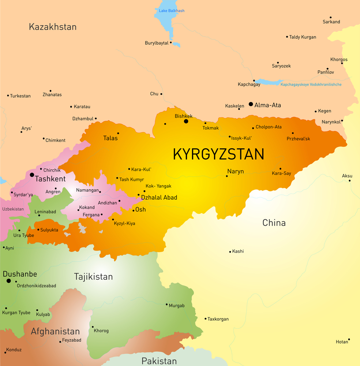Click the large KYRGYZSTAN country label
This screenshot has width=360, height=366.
[218, 154]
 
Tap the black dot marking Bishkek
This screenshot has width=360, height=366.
[186, 121]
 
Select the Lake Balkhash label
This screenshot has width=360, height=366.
[172, 11]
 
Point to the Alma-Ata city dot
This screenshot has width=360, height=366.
[251, 104]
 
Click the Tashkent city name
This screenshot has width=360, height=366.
[50, 179]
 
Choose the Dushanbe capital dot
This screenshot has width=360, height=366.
[8, 281]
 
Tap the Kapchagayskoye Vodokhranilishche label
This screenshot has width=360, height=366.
[311, 85]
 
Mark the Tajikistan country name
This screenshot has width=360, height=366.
[93, 276]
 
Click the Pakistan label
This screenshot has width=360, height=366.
[159, 361]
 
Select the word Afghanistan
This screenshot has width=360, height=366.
[55, 331]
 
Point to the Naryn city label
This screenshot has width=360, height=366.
[235, 171]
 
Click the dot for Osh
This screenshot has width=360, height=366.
[134, 210]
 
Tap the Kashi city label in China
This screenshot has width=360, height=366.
[238, 251]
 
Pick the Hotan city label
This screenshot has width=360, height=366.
[342, 342]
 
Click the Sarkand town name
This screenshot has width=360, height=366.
[331, 22]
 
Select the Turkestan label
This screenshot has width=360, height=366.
[20, 96]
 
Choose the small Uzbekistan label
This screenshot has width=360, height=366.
[13, 209]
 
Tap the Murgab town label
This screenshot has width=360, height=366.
[176, 306]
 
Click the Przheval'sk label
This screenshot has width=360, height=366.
[299, 139]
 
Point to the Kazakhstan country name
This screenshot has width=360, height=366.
[53, 27]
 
